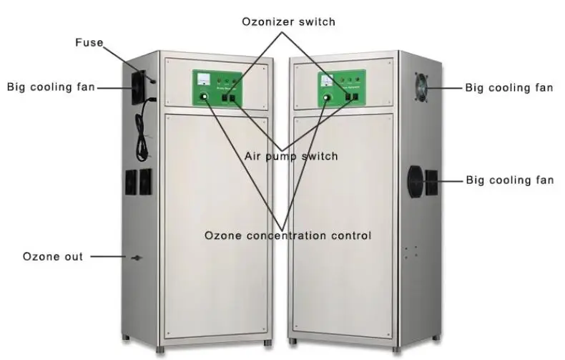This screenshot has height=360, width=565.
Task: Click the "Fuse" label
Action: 89,42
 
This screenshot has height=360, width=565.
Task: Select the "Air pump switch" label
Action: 290,156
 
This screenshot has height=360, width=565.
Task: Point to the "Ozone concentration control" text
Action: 288,235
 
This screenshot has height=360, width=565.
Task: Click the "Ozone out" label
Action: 53,256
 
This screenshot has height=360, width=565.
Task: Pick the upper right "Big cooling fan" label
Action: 509,88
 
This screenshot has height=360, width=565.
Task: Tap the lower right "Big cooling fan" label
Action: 509,180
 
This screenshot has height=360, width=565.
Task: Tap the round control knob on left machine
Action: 205,97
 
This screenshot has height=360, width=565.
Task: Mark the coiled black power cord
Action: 146,129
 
